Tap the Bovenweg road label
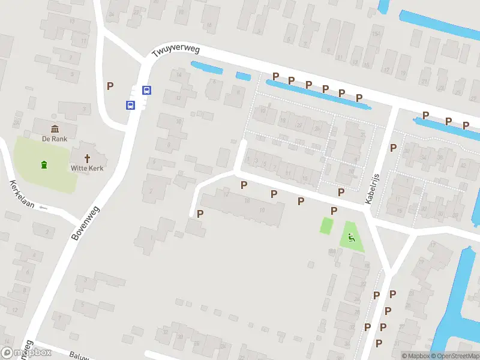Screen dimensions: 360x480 click(x=86, y=223)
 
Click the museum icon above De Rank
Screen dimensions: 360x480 click(x=55, y=129)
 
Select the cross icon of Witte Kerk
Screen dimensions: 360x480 click(x=87, y=158)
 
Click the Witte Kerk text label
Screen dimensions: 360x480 click(x=87, y=169)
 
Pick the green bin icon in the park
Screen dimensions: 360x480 click(x=43, y=164)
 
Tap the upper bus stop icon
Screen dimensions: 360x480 click(x=146, y=91)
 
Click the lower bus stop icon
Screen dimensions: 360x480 click(x=130, y=105)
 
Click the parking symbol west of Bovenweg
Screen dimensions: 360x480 click(x=110, y=86)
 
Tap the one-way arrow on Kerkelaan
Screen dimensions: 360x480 click(x=43, y=208)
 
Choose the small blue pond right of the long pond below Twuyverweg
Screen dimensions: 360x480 click(x=243, y=76)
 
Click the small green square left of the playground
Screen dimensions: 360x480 click(x=326, y=226)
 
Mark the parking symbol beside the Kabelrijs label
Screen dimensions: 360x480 click(x=394, y=148)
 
